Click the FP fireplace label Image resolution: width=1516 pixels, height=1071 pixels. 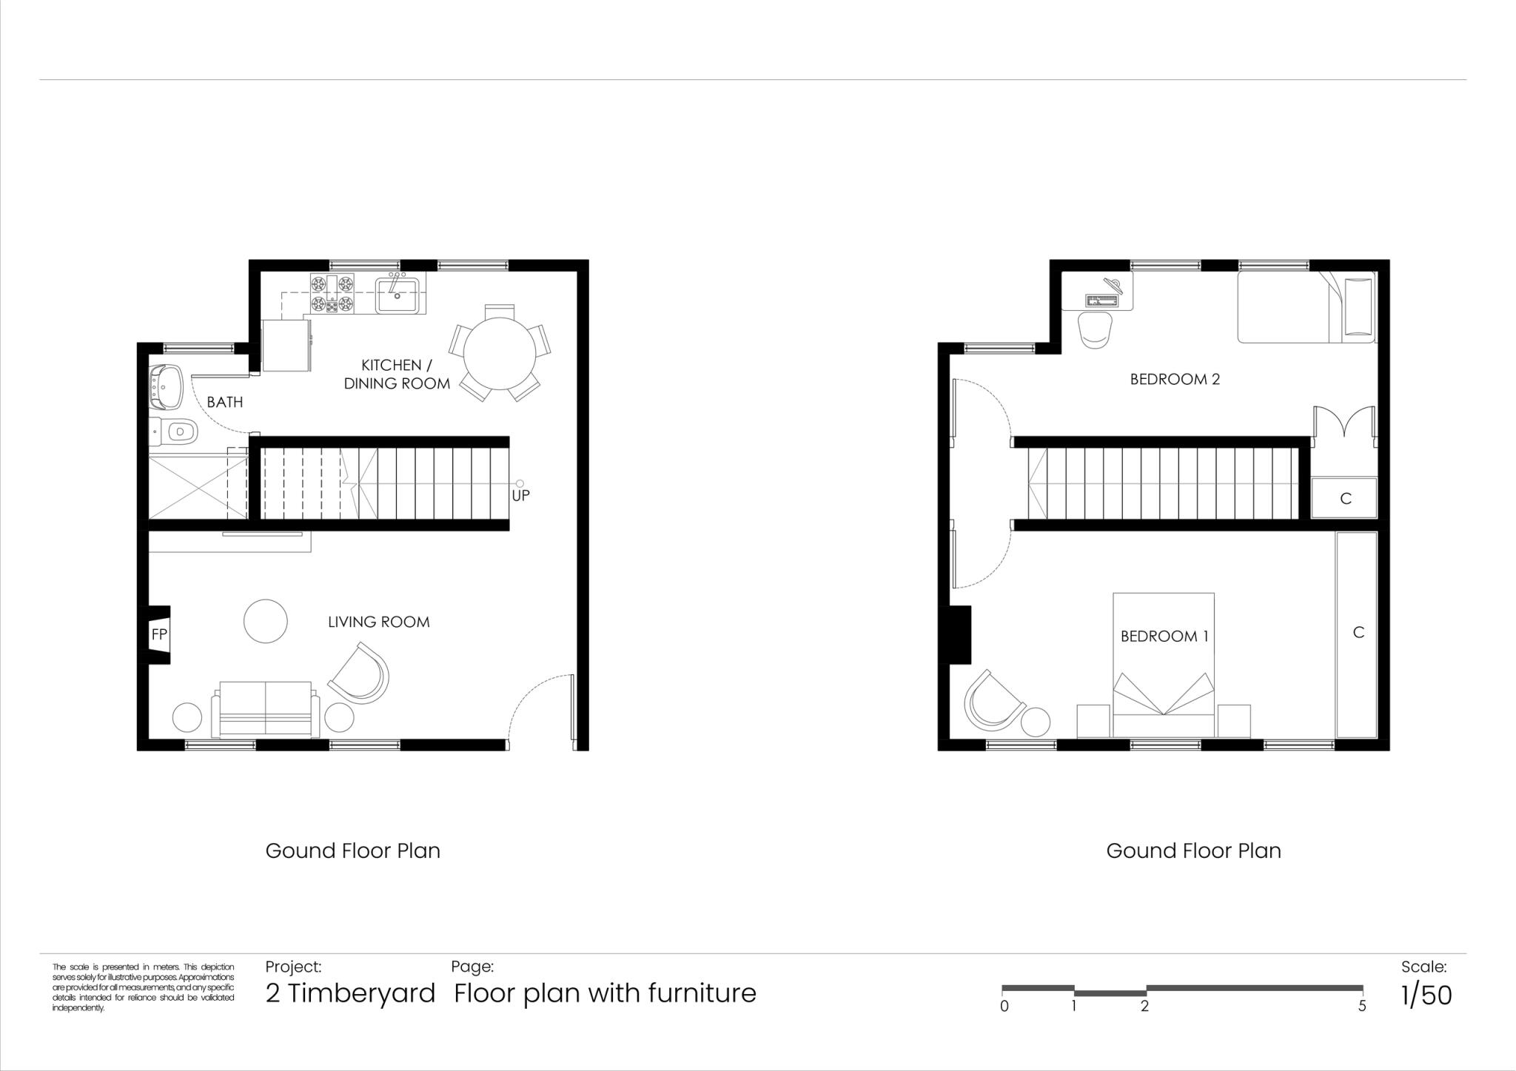[x=159, y=634]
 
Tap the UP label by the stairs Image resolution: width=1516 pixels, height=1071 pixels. [x=520, y=496]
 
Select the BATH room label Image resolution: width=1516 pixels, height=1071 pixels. [x=224, y=403]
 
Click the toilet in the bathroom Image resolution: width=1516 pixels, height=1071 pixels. [x=175, y=430]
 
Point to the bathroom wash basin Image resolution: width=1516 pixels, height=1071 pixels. [x=167, y=386]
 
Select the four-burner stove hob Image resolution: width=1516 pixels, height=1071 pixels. [x=332, y=293]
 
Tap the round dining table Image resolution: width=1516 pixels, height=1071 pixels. [x=500, y=354]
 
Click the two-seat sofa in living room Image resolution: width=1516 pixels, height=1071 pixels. [x=266, y=709]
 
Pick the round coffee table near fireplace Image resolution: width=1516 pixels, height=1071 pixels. [x=266, y=621]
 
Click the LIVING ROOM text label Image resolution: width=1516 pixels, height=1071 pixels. [x=378, y=622]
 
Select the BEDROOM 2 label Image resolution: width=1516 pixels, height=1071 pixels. [x=1175, y=380]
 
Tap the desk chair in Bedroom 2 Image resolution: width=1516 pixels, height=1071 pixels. [x=1096, y=329]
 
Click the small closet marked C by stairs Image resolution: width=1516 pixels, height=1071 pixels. [x=1345, y=498]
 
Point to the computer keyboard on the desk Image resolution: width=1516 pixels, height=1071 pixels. [x=1101, y=300]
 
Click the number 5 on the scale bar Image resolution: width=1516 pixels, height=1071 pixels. [x=1361, y=1007]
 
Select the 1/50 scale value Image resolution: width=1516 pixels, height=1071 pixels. [x=1426, y=996]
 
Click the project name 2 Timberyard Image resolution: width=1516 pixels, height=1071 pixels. [x=350, y=993]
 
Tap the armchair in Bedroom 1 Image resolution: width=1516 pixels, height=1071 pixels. [x=991, y=701]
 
